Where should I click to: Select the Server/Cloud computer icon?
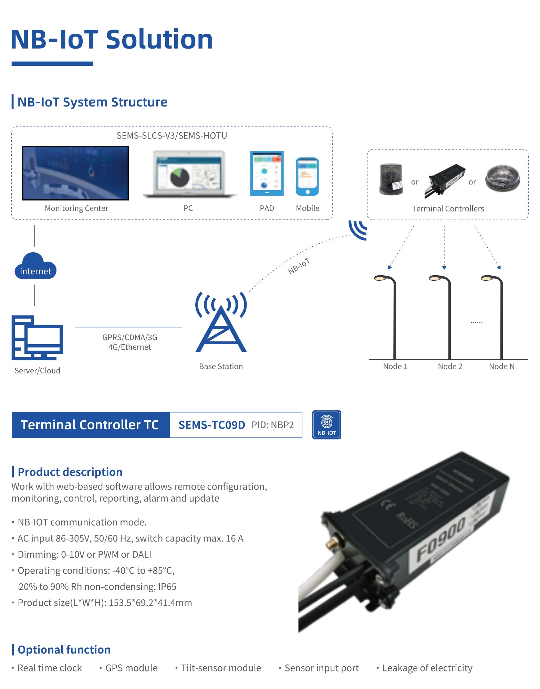(x=37, y=338)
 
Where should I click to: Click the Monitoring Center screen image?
(x=75, y=173)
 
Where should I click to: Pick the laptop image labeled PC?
(x=190, y=174)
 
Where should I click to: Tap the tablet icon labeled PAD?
(x=267, y=173)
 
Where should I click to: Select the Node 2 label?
(x=450, y=366)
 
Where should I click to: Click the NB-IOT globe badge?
(x=326, y=425)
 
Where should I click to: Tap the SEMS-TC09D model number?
(x=211, y=425)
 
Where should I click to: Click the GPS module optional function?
(x=131, y=668)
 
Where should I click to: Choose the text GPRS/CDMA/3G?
(x=130, y=337)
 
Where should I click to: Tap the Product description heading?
(x=70, y=472)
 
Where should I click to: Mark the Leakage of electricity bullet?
(x=427, y=668)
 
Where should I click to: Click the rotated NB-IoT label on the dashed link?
(x=299, y=266)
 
